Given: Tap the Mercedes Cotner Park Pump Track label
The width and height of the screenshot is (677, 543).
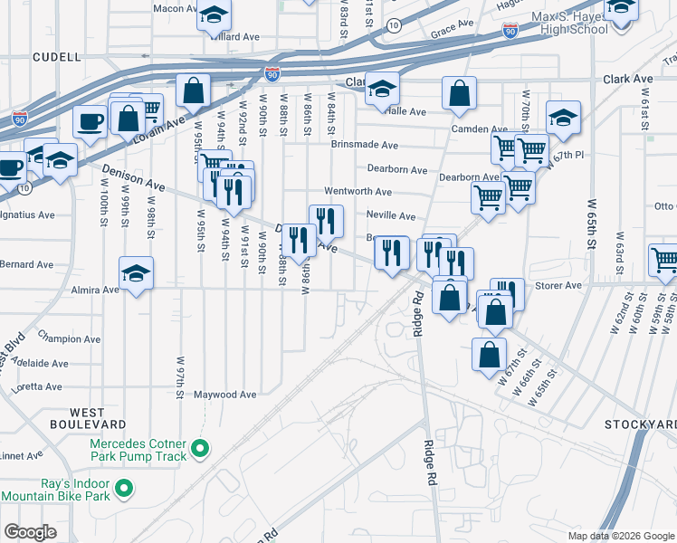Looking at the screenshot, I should click(x=138, y=450).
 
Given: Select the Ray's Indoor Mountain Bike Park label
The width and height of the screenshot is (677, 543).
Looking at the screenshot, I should click(x=55, y=490).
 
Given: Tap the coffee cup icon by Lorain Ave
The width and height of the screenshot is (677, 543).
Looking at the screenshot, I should click(x=90, y=121).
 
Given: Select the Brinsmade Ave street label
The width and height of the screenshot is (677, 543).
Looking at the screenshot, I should click(x=365, y=145).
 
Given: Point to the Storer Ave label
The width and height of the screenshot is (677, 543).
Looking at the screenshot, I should click(x=561, y=286).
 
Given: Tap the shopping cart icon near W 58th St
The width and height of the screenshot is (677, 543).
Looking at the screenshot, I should click(x=664, y=261).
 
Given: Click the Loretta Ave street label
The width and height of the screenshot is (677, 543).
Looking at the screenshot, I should click(x=39, y=386).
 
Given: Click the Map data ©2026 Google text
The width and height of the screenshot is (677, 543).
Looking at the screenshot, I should click(x=619, y=535).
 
